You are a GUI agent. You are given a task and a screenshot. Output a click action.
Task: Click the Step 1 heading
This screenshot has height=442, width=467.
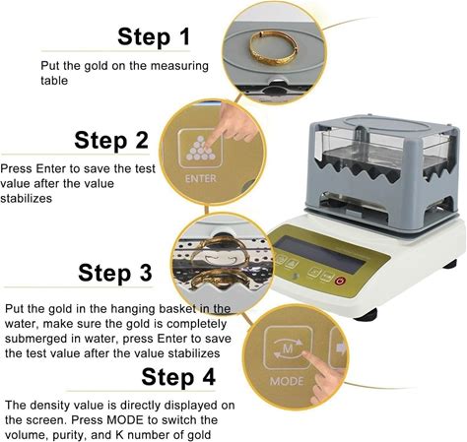point(154,36)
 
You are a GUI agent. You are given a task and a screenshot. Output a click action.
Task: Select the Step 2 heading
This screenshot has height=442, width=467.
point(111,140)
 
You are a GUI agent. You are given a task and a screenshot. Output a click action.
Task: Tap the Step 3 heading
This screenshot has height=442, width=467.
point(115,273)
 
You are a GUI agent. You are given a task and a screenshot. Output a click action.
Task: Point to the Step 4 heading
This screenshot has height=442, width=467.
point(178,377)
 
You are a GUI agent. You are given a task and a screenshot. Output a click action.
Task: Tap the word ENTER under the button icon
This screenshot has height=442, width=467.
point(201,178)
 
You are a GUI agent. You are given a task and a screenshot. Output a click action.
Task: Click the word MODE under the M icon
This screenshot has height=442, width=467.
point(287,381)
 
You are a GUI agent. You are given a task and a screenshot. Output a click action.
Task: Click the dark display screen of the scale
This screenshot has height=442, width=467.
point(320,254)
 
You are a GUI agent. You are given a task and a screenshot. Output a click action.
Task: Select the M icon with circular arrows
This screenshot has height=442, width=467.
point(288,348)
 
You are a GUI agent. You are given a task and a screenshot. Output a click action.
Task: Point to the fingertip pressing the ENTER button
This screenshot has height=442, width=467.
point(209,142)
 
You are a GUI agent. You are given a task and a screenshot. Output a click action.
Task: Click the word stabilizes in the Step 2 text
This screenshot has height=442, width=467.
point(26,198)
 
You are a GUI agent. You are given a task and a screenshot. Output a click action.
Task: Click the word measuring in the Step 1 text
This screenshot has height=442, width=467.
point(179,66)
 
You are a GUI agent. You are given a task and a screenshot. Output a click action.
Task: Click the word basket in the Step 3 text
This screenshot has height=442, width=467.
point(178,309)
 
